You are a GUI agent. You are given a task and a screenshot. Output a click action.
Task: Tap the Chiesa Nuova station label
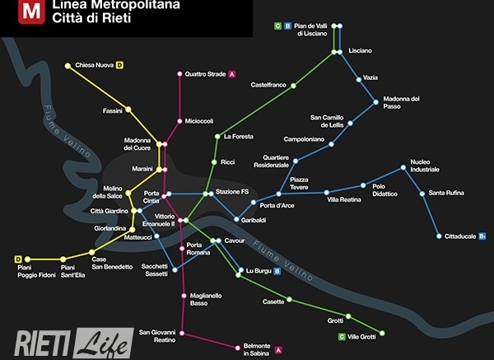94,65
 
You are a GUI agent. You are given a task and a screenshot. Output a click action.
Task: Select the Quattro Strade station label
205,74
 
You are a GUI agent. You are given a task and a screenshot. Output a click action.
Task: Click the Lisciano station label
360,51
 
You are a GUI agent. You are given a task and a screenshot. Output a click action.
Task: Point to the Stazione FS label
232,192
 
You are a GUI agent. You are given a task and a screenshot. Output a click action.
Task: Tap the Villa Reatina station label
344,199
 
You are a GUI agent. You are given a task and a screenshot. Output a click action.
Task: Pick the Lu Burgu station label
257,270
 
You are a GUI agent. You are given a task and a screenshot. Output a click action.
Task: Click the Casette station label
273,302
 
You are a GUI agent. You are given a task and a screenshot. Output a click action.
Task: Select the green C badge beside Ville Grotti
342,336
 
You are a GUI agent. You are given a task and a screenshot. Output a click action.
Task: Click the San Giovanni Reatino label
157,334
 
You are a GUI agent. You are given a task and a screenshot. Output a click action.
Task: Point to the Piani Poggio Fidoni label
35,271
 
